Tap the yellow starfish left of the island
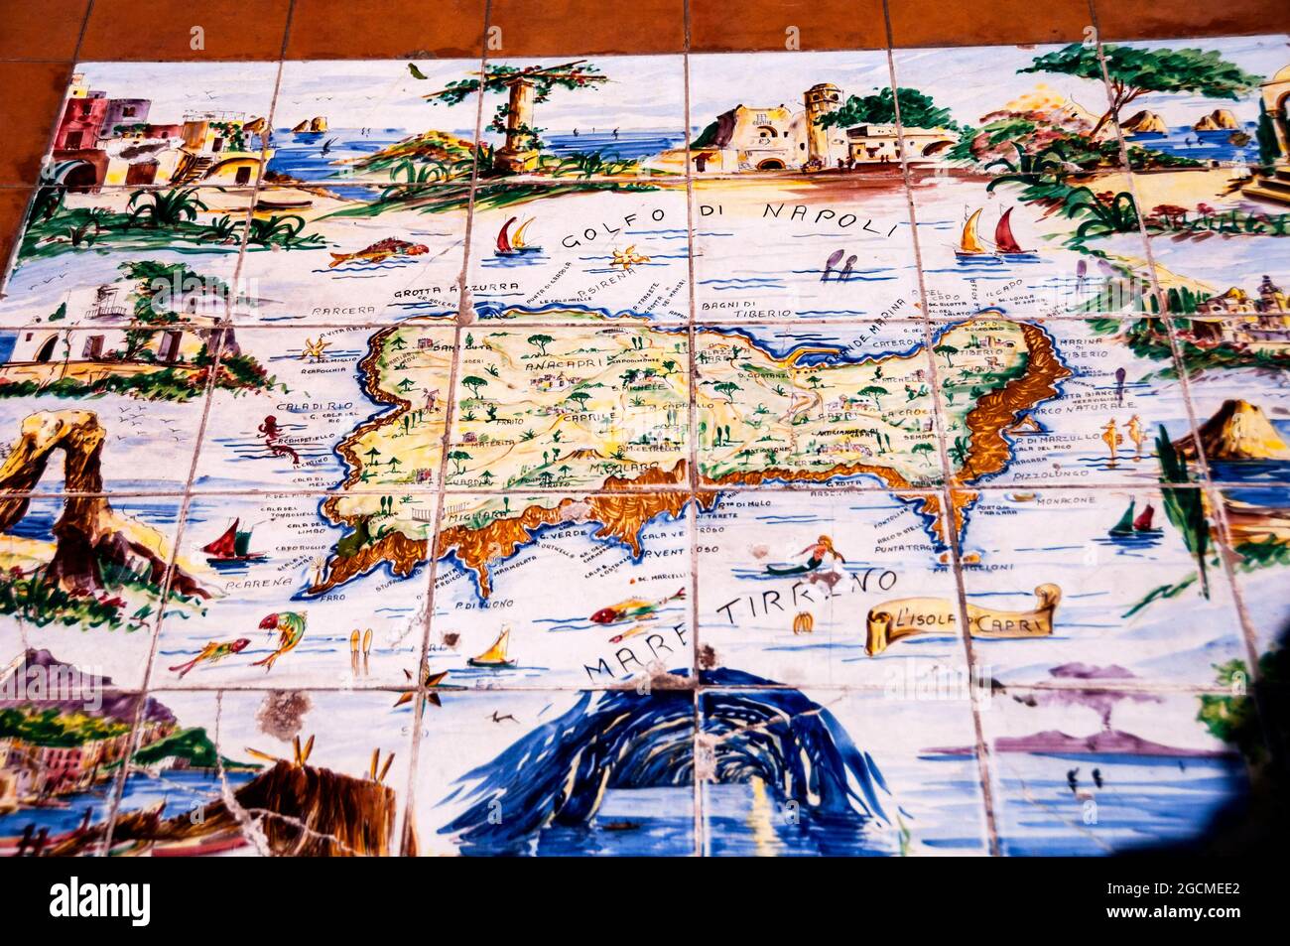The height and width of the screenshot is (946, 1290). pos(315,349)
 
